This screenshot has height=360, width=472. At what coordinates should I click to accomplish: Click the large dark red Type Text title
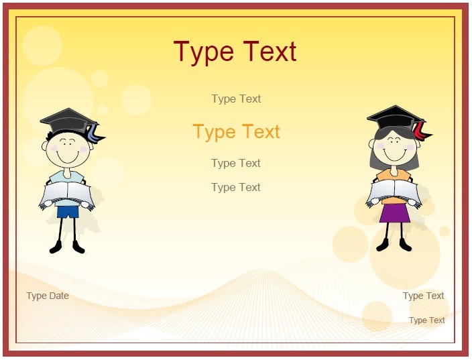(x=235, y=52)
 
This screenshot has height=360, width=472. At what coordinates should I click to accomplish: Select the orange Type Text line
(x=236, y=132)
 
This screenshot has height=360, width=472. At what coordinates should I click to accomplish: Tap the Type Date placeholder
(x=48, y=296)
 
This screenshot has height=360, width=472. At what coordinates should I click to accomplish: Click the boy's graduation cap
(x=70, y=122)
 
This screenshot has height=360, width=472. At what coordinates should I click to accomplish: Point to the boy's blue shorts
(x=68, y=212)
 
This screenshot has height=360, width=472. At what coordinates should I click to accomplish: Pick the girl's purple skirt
(x=395, y=213)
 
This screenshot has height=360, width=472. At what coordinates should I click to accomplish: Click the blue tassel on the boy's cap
(x=95, y=134)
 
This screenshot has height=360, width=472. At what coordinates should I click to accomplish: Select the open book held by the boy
(x=67, y=195)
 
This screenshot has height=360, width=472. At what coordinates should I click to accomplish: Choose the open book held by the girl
(x=394, y=193)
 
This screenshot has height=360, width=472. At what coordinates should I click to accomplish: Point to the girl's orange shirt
(x=394, y=180)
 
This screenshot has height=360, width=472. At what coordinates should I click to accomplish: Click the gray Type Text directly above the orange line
(x=236, y=99)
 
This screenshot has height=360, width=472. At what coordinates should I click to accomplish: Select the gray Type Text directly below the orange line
(x=236, y=163)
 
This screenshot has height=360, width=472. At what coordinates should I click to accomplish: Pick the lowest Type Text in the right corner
(x=427, y=320)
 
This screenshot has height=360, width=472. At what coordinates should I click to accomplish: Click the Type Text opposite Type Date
(x=424, y=296)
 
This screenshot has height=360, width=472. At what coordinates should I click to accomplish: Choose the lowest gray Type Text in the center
(x=236, y=188)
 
